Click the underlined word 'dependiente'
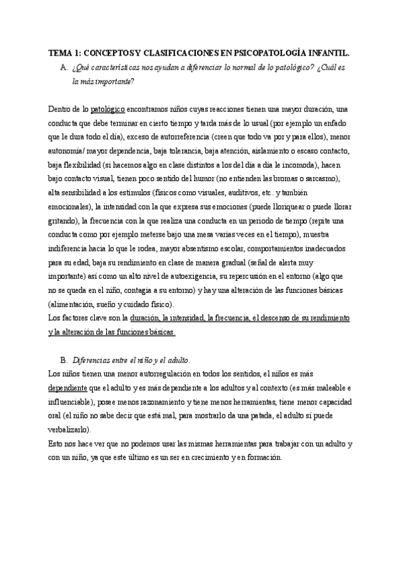[x=69, y=387]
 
